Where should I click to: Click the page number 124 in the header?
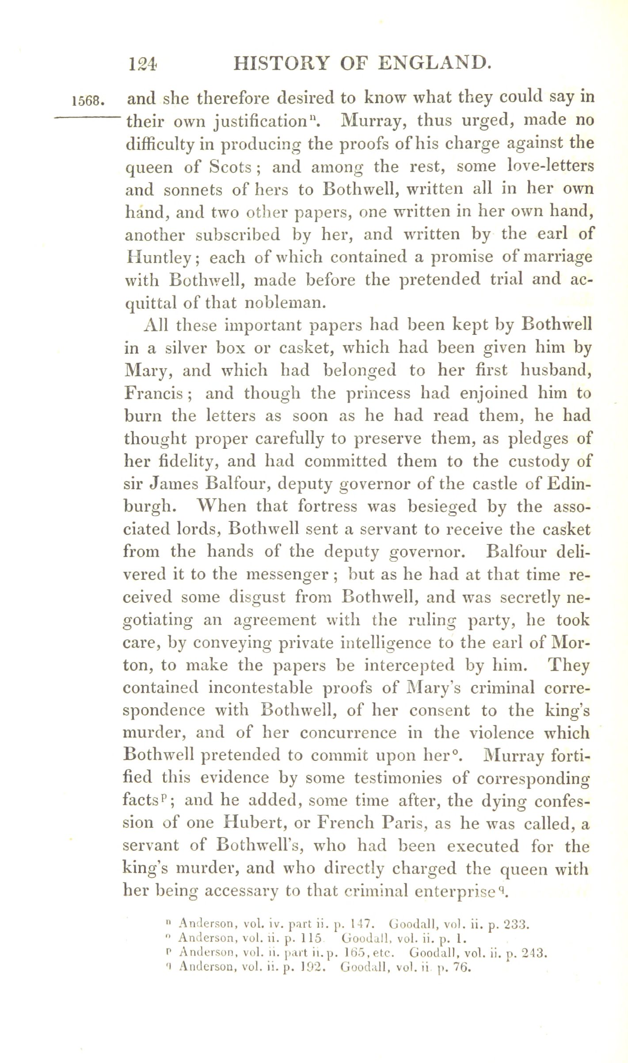coord(142,65)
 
